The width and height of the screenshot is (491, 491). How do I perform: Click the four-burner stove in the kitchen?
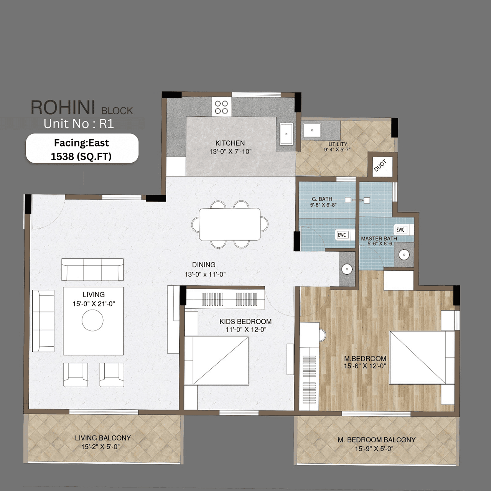click(221, 107)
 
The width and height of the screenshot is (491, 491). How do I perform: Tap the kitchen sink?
click(286, 134)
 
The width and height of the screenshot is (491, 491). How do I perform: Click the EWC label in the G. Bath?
click(342, 235)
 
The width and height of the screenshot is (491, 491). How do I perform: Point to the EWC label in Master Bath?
click(400, 229)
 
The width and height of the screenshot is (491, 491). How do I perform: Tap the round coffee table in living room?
click(92, 320)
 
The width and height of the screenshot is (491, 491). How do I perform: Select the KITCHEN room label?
click(230, 143)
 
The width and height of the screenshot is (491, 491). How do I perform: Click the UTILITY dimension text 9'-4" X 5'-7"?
click(337, 150)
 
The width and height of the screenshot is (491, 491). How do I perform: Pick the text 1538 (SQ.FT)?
click(81, 157)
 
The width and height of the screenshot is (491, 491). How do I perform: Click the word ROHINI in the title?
click(63, 108)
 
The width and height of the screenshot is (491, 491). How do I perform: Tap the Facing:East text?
click(81, 143)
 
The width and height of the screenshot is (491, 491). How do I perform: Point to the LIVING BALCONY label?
click(102, 438)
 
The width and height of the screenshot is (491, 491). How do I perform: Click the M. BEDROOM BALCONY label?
click(376, 440)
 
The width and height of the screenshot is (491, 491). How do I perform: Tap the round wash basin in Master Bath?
click(404, 255)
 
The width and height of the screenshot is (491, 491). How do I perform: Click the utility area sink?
click(312, 130)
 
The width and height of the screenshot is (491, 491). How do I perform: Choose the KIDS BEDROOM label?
click(245, 321)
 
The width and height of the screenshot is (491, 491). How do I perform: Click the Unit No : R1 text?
click(79, 124)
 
